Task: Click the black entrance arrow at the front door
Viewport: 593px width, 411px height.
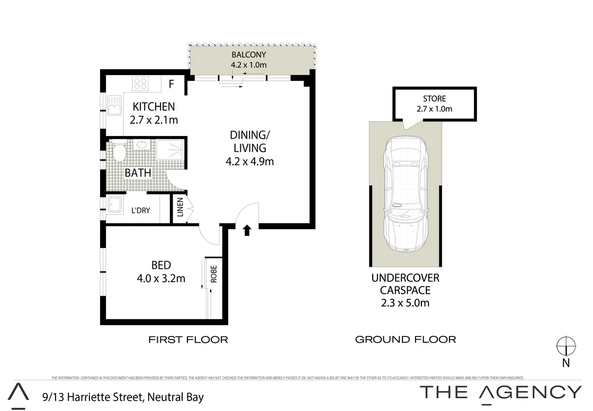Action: coord(247,230)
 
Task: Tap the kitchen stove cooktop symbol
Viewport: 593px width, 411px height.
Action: coord(141,84)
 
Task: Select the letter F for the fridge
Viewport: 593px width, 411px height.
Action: coord(171,84)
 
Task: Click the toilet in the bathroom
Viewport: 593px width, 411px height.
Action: coord(118,154)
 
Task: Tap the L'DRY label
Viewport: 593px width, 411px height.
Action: coord(140,211)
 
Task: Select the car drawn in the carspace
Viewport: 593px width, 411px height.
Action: coord(406,194)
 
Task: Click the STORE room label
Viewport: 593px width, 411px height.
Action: coord(434,98)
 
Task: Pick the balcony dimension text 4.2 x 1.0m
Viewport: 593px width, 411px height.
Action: coord(248,65)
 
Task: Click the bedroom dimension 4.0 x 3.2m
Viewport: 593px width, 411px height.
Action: coord(161,278)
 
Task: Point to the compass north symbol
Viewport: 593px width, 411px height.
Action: coord(565,347)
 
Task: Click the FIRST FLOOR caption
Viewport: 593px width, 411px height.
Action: coord(188,340)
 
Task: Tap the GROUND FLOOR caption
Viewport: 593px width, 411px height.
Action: coord(405,340)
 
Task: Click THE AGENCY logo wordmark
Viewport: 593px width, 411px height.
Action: coord(500,392)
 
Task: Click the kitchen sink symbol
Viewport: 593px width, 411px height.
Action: coord(114,105)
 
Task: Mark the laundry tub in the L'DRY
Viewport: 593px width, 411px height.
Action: coord(115,204)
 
